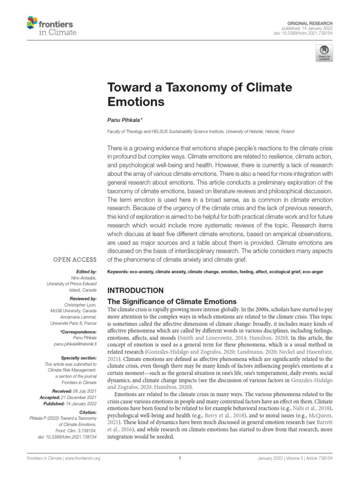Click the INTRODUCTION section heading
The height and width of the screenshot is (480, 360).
click(x=135, y=290)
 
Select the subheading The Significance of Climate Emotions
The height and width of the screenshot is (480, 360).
click(x=172, y=301)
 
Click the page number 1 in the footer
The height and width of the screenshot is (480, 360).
click(x=180, y=458)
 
